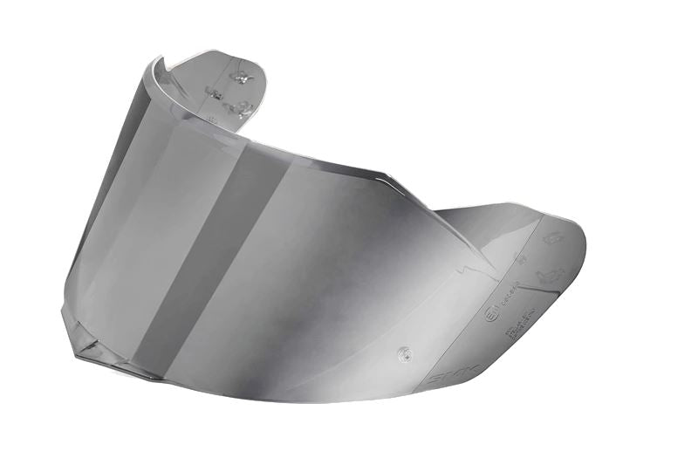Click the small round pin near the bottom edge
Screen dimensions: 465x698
(402, 353)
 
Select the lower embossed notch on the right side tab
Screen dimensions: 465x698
(550, 277)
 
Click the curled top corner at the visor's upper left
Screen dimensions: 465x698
(157, 66)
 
